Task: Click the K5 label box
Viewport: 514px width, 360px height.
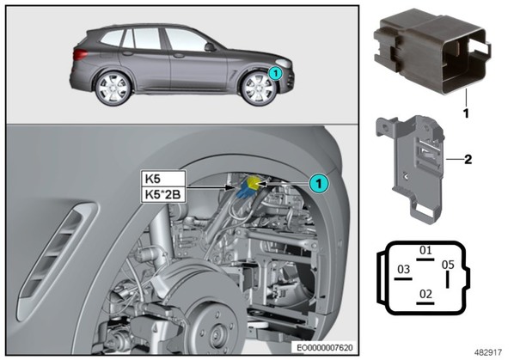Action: [163, 179]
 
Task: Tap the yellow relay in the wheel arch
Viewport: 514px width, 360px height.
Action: [254, 182]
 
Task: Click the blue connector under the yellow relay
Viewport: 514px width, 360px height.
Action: [246, 191]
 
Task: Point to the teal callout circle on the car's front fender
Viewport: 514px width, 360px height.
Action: [275, 73]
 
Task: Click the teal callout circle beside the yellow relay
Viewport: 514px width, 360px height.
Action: [319, 184]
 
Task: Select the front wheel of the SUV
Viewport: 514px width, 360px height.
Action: [259, 88]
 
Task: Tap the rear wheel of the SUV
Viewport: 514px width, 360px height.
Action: [113, 88]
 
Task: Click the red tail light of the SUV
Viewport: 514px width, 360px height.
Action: [80, 54]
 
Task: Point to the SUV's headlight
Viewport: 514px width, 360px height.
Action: [284, 64]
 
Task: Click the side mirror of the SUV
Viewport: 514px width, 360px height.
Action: [210, 47]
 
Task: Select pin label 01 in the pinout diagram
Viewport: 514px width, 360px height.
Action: [425, 251]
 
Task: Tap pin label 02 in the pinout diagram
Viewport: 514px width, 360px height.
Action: [425, 294]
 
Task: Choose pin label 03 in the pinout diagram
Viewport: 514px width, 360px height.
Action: [403, 269]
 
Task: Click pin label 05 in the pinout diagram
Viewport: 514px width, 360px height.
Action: [448, 265]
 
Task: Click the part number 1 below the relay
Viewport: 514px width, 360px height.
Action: [466, 113]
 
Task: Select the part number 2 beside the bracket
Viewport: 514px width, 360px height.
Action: [468, 159]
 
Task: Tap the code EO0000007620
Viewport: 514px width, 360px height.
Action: [325, 347]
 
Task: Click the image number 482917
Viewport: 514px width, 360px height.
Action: [488, 352]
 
